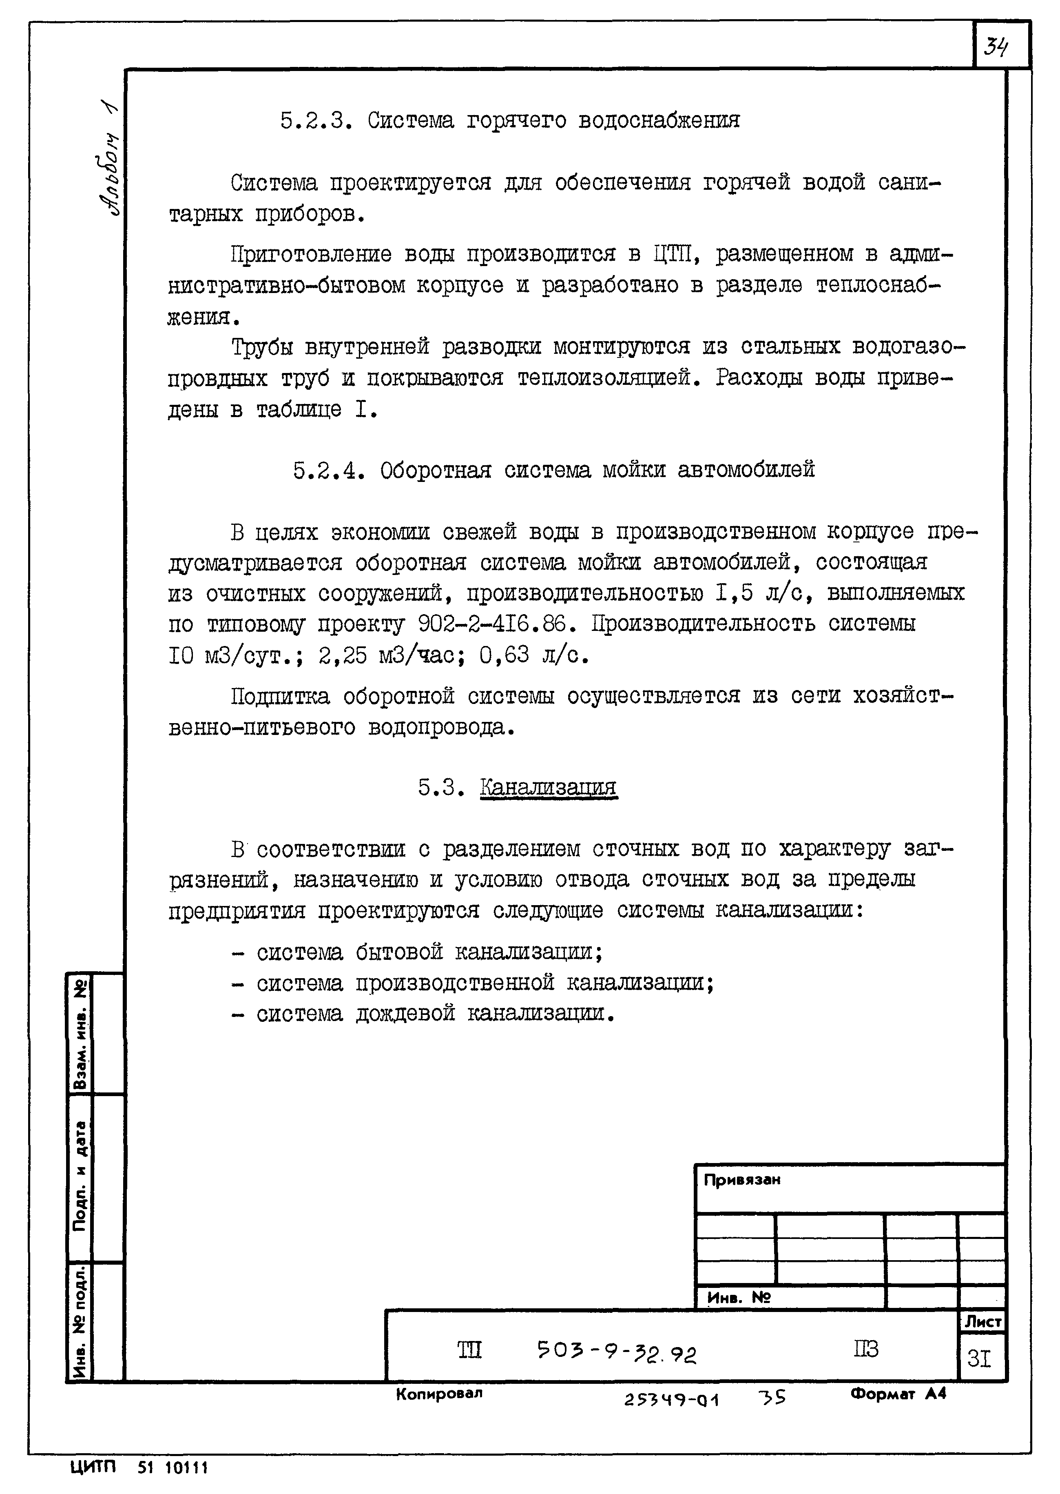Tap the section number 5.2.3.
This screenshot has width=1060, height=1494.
(316, 121)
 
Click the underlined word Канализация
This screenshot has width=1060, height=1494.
(548, 788)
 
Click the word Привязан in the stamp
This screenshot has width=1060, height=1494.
(741, 1180)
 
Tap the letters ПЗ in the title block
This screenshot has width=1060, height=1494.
(865, 1349)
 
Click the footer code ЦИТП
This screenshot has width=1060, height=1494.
(93, 1467)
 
